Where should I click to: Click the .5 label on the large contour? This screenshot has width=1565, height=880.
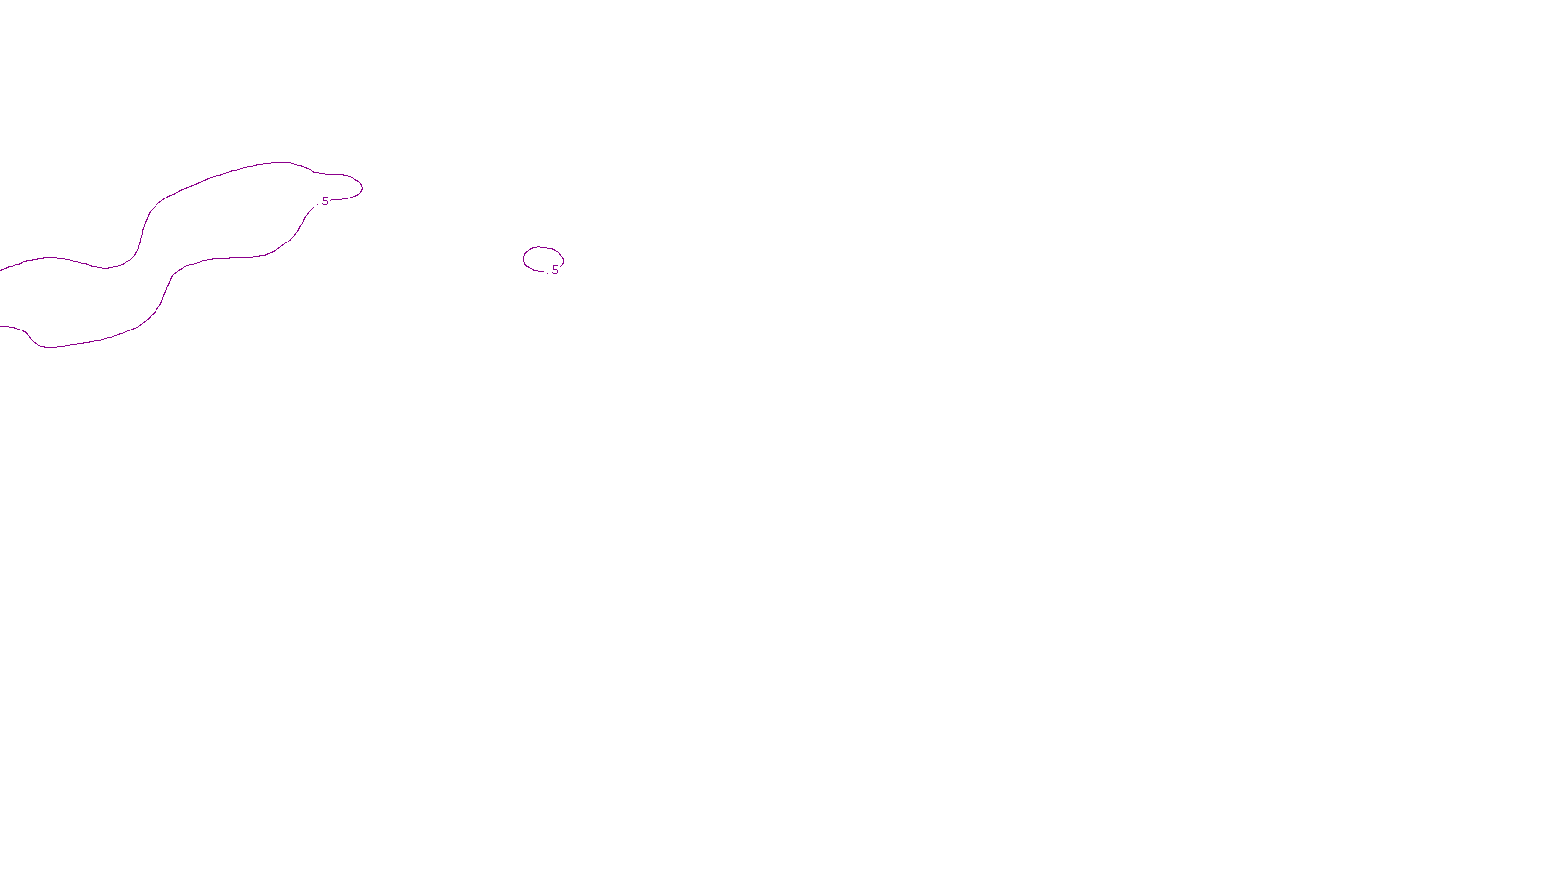(x=324, y=201)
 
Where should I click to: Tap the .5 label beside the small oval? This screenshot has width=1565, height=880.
(x=554, y=270)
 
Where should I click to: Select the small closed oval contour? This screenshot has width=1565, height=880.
(x=525, y=259)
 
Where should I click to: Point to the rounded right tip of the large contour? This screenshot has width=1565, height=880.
(x=361, y=186)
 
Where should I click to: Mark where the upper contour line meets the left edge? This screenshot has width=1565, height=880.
(x=1, y=269)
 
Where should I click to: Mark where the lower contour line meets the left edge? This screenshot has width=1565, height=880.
(x=1, y=327)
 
